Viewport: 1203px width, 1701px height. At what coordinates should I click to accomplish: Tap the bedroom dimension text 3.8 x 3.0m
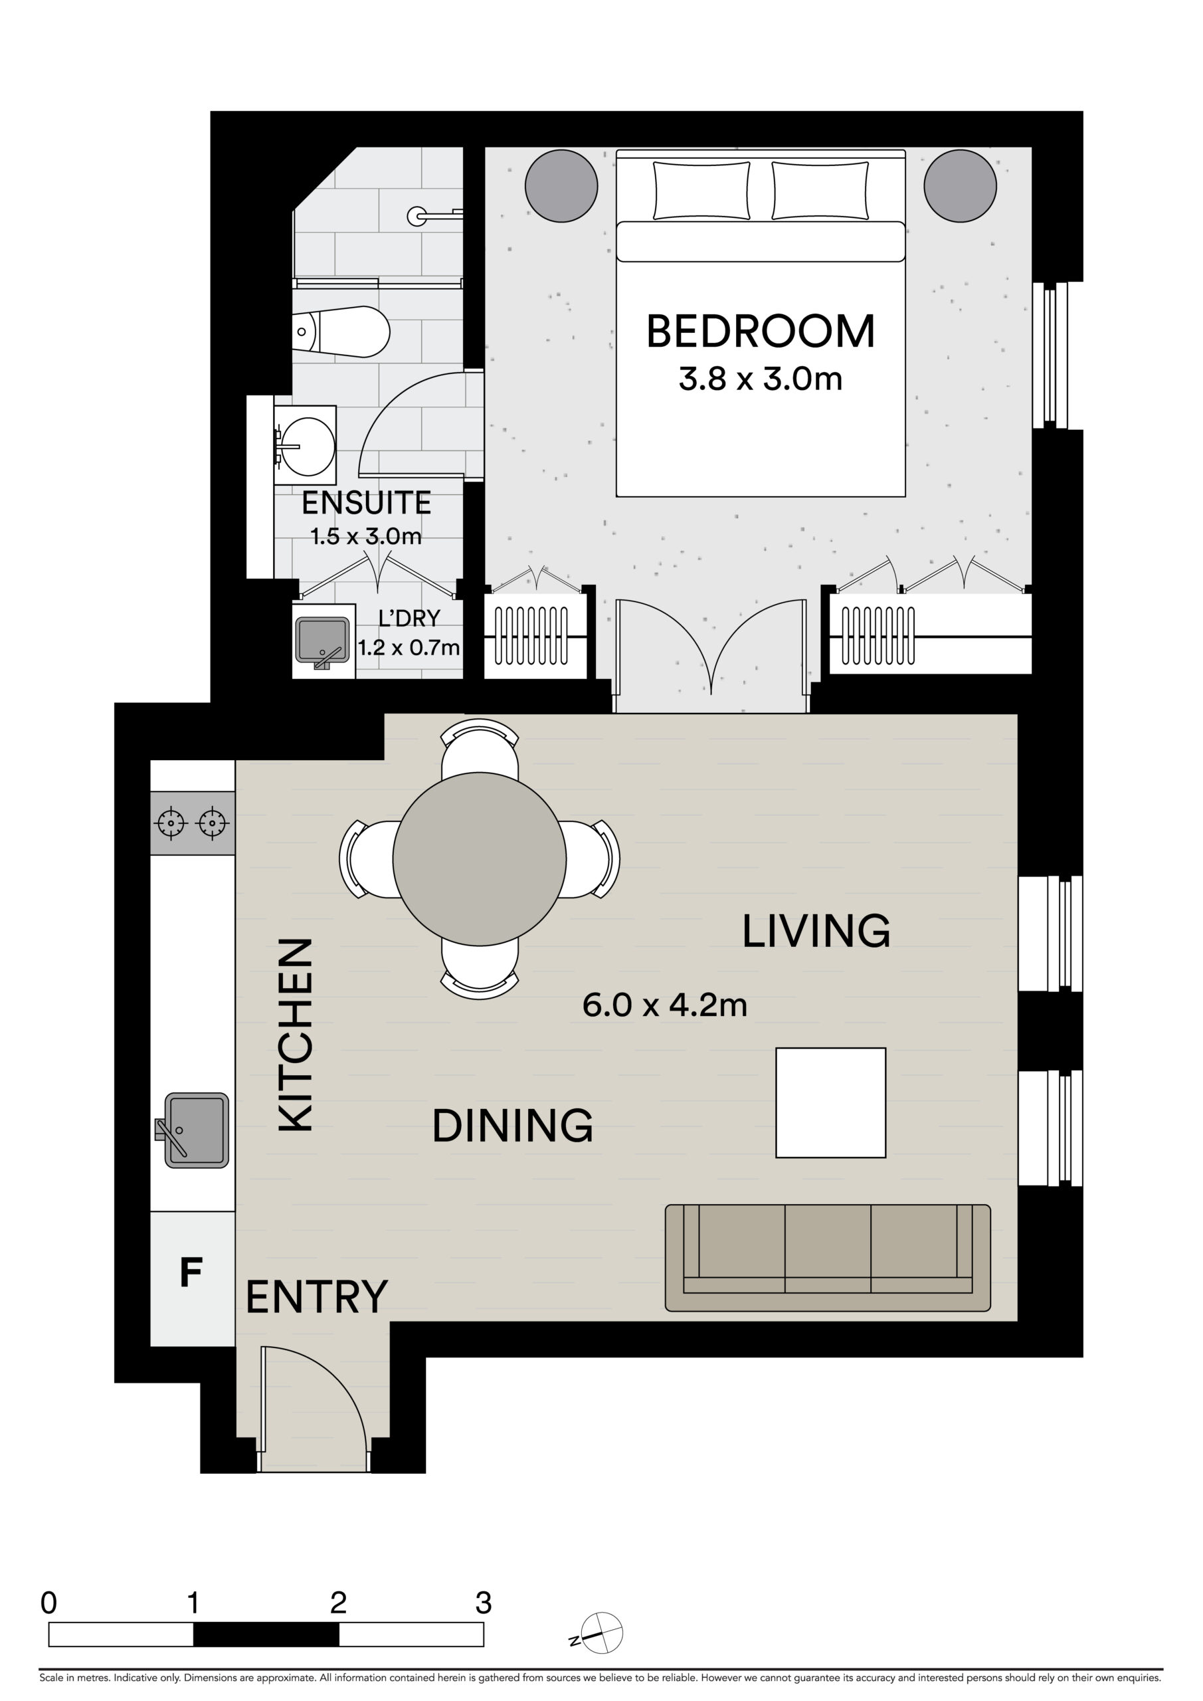761,379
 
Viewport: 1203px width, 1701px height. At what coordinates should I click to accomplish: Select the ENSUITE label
366,503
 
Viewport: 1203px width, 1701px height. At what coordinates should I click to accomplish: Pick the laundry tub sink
322,641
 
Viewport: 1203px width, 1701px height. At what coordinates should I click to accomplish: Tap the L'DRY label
409,618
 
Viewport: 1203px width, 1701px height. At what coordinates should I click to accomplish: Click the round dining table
480,859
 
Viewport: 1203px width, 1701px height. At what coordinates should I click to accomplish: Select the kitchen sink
197,1130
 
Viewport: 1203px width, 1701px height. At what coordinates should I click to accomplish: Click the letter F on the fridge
191,1273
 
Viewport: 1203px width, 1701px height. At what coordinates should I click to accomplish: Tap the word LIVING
816,932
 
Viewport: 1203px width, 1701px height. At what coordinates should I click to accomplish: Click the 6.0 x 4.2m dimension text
664,1005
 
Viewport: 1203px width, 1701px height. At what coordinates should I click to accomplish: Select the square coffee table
830,1102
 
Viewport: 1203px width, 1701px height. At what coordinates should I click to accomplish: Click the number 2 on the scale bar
339,1603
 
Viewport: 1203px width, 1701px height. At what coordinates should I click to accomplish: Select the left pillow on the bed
701,191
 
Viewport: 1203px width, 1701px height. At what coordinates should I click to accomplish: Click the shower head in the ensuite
417,217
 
